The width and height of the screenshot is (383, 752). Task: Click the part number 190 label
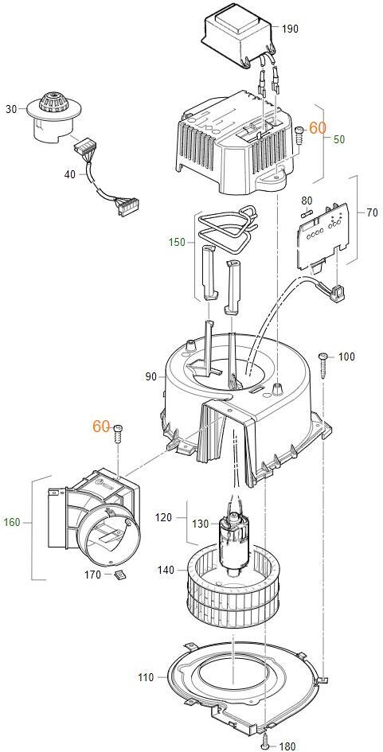tap(290, 29)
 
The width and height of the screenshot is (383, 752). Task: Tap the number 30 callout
tap(11, 109)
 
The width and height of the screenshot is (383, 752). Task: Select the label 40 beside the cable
tap(70, 174)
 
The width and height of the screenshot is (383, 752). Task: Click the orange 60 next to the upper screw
tap(317, 127)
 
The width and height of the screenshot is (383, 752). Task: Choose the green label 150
tap(177, 243)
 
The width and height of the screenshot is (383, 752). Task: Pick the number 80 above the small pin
tap(307, 200)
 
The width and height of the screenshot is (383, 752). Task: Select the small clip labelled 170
tap(119, 574)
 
